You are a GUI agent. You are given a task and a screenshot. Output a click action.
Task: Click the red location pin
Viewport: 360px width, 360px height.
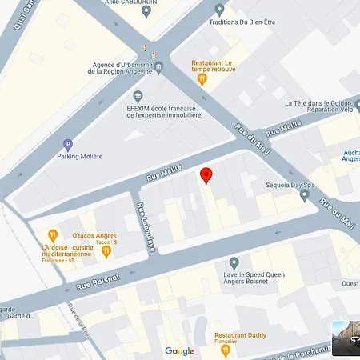click(206, 175)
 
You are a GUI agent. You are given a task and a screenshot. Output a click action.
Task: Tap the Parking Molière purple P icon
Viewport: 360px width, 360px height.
click(67, 144)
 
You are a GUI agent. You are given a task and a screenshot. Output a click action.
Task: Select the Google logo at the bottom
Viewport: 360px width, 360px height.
click(179, 351)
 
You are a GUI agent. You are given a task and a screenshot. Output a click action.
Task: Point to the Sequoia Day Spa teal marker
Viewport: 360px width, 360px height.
click(305, 194)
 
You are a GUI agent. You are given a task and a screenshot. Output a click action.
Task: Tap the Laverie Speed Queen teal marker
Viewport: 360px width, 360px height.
click(234, 262)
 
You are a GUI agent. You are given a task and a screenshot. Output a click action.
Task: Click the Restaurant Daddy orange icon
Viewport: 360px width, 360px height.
click(226, 349)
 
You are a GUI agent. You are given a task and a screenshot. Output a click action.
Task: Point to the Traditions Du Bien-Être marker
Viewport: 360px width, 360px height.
click(220, 10)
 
